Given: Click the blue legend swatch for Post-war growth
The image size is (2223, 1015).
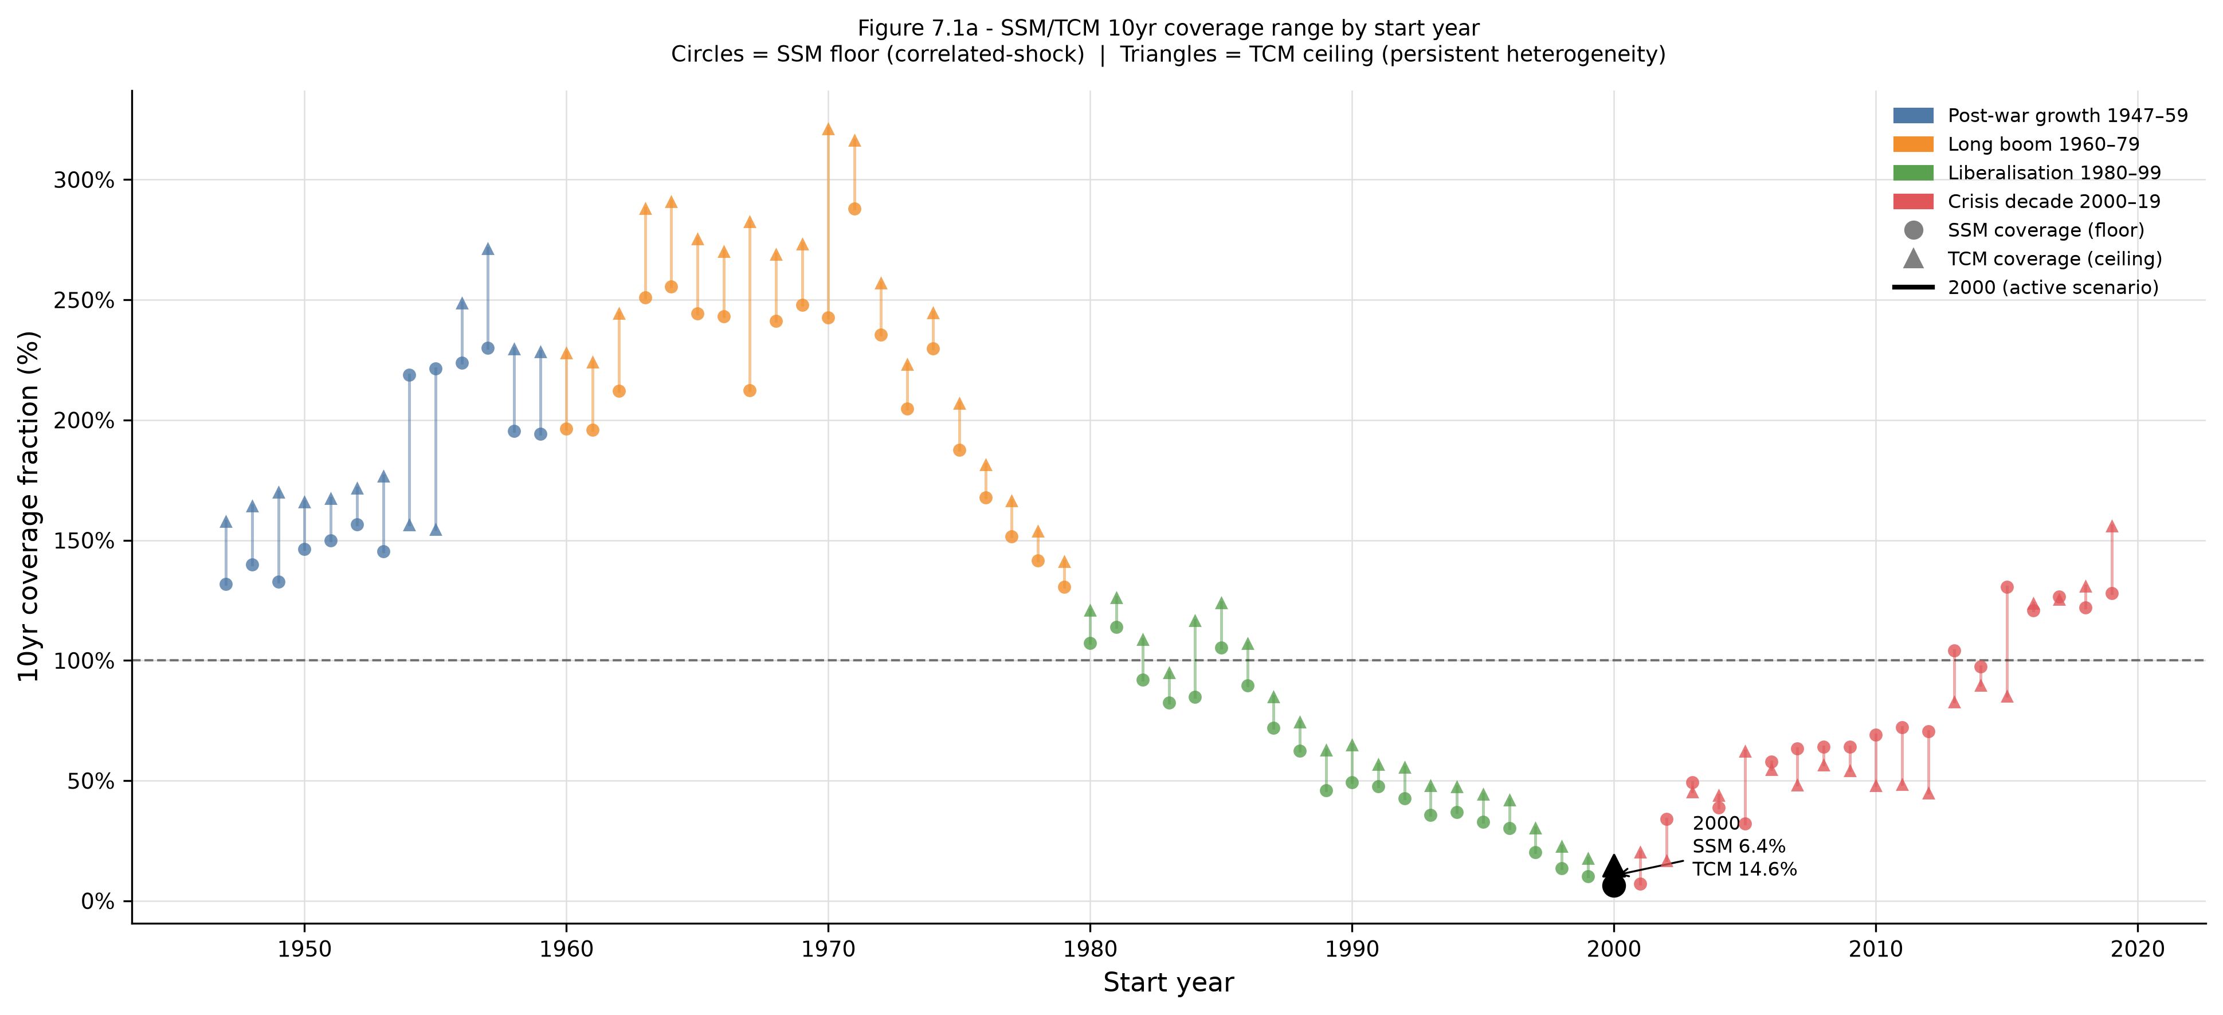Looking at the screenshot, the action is (x=1913, y=116).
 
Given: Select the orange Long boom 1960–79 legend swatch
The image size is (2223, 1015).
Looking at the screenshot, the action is (x=1913, y=144).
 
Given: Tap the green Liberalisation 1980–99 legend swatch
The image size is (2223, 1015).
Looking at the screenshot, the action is (x=1913, y=173).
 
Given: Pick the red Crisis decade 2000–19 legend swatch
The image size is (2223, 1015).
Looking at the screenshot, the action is (x=1913, y=201).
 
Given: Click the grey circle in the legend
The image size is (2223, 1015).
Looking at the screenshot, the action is (x=1913, y=230).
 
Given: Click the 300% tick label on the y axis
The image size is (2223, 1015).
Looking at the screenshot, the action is (x=84, y=181).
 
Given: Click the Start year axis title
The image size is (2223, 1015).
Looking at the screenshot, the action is (x=1169, y=983).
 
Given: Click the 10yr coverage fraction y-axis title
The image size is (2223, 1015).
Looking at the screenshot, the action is (x=29, y=507).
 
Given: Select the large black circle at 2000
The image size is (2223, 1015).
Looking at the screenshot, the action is (x=1614, y=885).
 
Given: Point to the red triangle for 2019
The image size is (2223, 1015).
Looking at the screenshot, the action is (x=2112, y=527).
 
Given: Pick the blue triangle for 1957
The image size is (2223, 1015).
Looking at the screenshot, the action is (x=488, y=249).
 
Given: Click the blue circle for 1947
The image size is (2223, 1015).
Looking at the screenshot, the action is (x=226, y=585).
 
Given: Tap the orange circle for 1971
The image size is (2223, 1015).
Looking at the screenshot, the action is (x=854, y=209).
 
